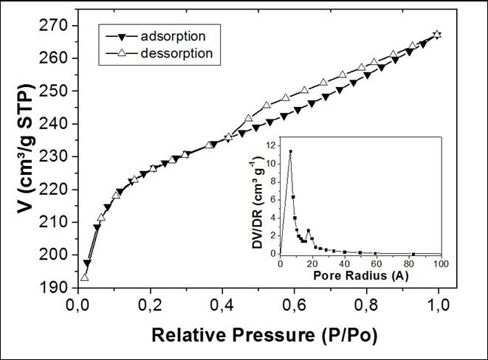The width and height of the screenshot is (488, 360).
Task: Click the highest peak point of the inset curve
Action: (290, 151)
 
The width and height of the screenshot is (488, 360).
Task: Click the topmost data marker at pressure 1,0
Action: (438, 34)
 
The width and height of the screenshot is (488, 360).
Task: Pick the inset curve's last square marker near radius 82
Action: (413, 253)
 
